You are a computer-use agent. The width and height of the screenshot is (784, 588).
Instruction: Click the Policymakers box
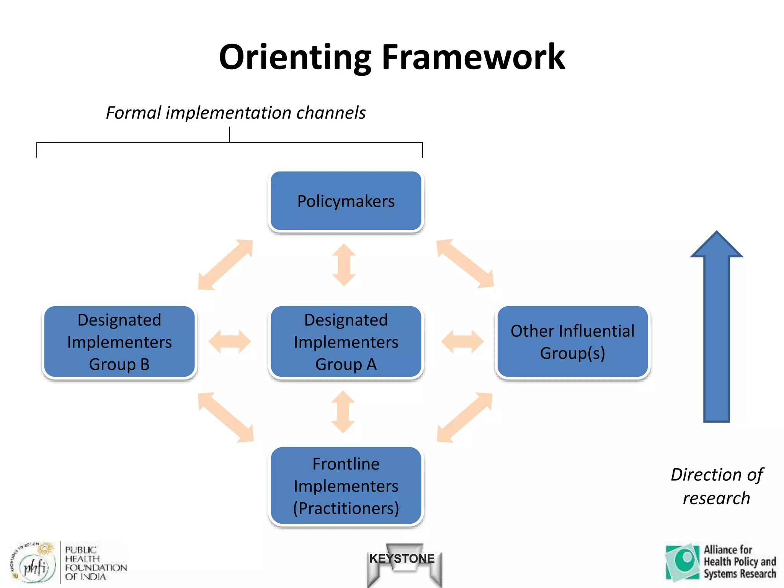pos(346,201)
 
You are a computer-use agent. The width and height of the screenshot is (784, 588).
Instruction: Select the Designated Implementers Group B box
pos(119,342)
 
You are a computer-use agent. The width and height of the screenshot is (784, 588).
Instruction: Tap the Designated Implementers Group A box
pos(346,342)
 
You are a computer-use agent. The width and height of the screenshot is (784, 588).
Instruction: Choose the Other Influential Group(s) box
pos(572,342)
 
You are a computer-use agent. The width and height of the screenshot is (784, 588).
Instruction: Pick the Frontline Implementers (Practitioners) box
pos(346,486)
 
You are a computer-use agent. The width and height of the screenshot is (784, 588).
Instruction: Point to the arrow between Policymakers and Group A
pos(344,265)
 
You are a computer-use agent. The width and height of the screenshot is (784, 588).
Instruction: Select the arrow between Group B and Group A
pos(230,341)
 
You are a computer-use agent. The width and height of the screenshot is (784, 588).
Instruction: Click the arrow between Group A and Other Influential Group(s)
pos(462,341)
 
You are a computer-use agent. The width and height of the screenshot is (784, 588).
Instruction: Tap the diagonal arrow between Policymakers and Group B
pos(225,265)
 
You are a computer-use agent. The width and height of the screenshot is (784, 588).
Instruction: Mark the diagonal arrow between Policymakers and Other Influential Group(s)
pos(465,263)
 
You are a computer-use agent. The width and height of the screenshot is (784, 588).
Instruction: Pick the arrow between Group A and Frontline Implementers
pos(343,412)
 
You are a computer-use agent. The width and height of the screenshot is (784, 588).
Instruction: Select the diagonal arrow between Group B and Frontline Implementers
pos(225,417)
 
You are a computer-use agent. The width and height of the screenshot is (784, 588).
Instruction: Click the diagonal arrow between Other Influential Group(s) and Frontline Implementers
pos(464,417)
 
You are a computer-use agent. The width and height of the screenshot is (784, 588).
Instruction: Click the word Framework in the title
pos(473,57)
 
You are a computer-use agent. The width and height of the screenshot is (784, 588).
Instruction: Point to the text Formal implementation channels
pos(236,113)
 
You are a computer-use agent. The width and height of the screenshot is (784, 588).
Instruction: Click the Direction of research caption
pos(717,486)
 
